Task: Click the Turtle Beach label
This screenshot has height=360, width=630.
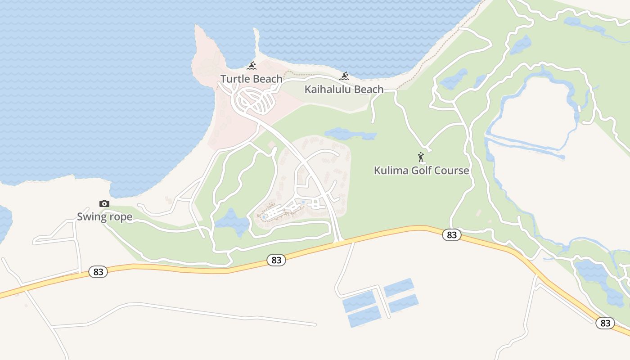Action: tap(251, 79)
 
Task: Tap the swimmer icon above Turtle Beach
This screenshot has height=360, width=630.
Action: tap(252, 66)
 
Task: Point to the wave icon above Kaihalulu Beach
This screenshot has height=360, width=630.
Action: tap(345, 76)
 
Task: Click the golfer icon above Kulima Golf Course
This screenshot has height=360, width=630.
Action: tap(421, 157)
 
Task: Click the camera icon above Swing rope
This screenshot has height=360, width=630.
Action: tap(104, 204)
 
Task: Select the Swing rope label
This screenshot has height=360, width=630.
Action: tap(104, 217)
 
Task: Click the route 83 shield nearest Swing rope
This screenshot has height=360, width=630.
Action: tap(98, 272)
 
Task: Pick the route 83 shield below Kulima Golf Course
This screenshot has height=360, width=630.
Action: tap(452, 235)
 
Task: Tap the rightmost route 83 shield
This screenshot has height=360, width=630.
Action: tap(605, 323)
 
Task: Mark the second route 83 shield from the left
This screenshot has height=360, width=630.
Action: tap(276, 260)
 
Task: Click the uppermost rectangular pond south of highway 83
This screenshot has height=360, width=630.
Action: tap(398, 287)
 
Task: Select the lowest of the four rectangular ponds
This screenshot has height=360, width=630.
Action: tap(364, 316)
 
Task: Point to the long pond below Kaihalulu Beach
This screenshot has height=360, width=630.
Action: tap(350, 134)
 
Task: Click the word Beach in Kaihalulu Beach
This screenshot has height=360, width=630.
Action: tap(365, 89)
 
